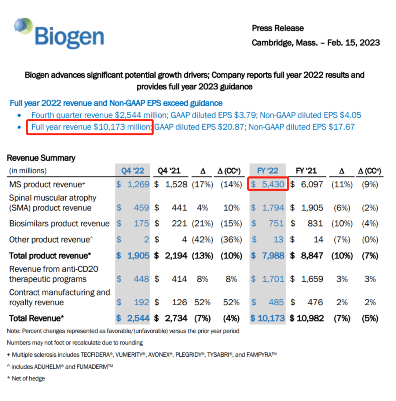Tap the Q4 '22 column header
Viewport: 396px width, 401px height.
[133, 170]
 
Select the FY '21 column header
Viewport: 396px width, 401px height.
[306, 170]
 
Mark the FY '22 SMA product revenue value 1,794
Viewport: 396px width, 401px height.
[273, 208]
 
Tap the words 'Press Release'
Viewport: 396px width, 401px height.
[278, 28]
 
